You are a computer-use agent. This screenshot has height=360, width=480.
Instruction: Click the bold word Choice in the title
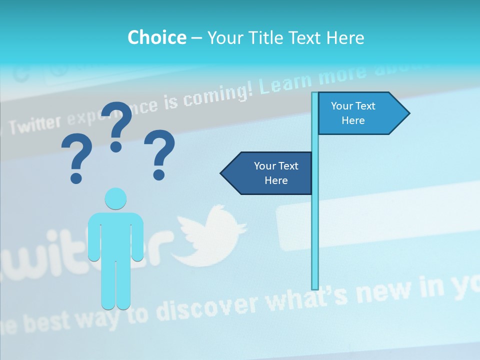pyautogui.click(x=156, y=37)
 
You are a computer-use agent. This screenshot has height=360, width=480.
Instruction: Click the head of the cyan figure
pyautogui.click(x=115, y=199)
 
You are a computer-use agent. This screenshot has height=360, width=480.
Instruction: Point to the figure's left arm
pyautogui.click(x=93, y=237)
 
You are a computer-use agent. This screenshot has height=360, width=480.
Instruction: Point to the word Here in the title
pyautogui.click(x=345, y=37)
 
